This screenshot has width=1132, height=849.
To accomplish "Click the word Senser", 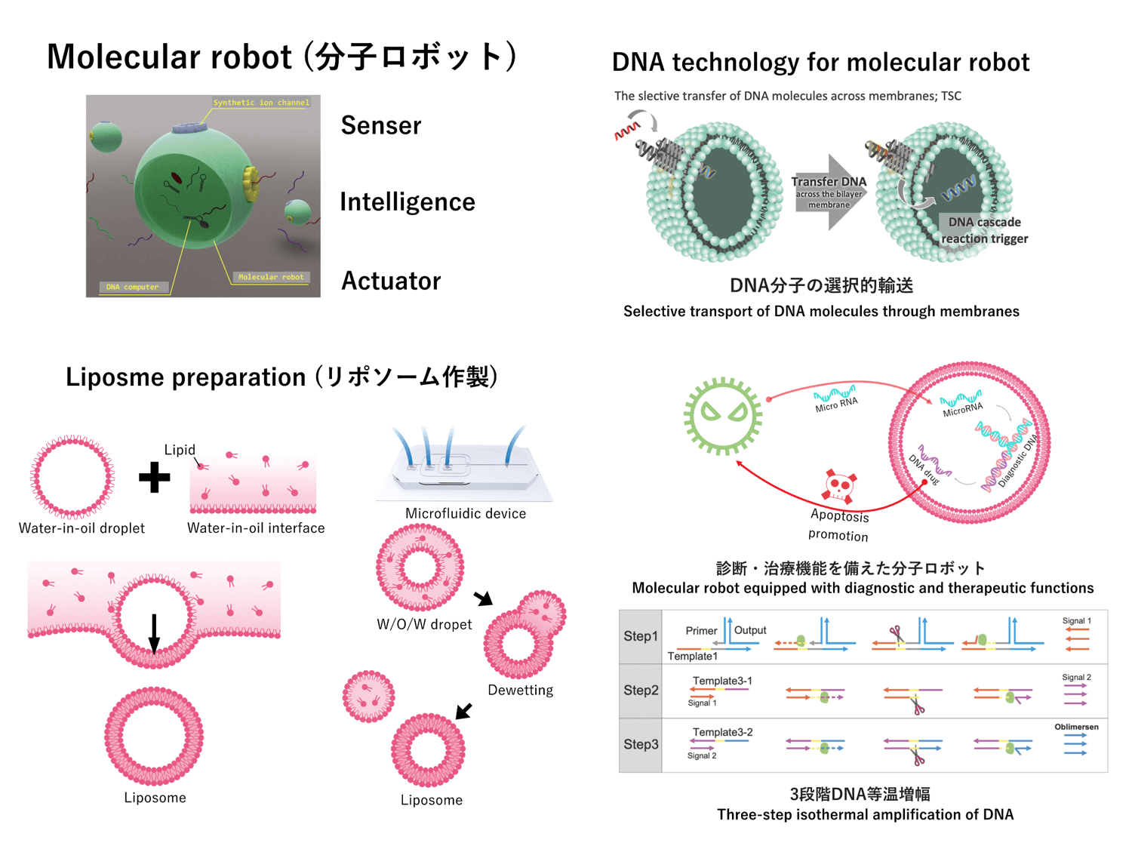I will (380, 125).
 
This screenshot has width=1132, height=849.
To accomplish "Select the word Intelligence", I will (407, 202).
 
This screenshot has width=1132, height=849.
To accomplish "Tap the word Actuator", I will (390, 281).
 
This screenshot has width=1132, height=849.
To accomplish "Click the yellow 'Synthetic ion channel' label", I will (260, 103).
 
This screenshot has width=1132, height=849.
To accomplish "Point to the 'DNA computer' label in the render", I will (132, 287).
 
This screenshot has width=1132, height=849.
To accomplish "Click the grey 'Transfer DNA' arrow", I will (829, 192).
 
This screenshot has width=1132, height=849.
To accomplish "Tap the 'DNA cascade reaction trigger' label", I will (984, 230).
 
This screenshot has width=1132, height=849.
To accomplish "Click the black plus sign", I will (154, 477).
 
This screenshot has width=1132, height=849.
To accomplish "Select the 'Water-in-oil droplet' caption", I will (82, 528).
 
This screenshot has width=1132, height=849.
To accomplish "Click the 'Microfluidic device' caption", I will (465, 513).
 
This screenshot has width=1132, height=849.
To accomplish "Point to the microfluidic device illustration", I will (463, 468).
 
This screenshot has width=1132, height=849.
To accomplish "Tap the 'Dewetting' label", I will (520, 690).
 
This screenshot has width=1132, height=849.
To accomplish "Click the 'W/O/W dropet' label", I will (424, 624).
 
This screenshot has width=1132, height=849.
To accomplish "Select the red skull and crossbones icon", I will (839, 486).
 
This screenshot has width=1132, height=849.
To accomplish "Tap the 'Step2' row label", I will (641, 690).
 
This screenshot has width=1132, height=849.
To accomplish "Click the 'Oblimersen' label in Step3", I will (1076, 727).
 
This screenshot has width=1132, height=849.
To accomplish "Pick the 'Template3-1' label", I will (721, 681).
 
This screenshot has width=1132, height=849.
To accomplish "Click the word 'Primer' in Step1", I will (701, 630).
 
